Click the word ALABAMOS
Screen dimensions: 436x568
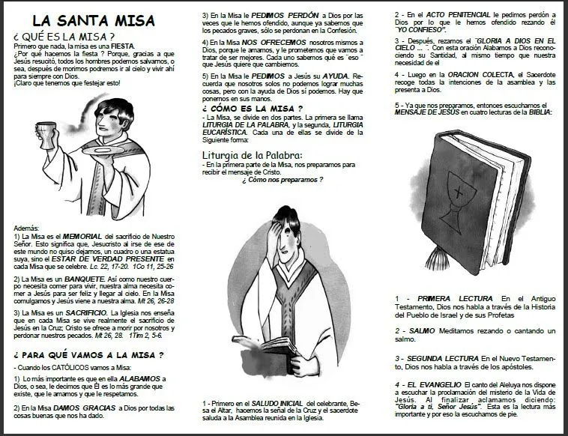click(139, 380)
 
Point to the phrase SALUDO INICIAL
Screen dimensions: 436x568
click(279, 403)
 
